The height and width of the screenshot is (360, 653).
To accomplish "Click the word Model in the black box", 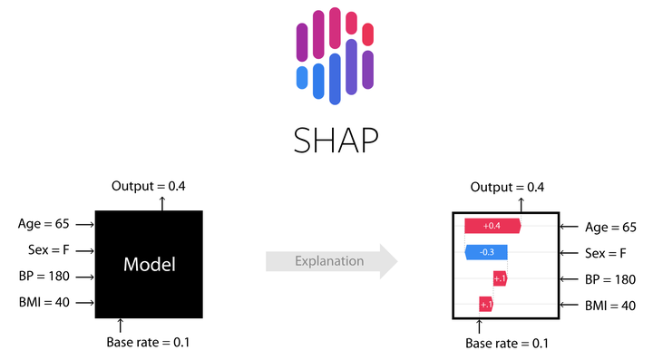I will coord(149,264).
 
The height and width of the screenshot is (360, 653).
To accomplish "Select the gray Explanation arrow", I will coord(331,261).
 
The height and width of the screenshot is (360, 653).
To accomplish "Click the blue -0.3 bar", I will coord(486,252).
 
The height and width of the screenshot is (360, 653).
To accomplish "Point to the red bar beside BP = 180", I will coord(499,277).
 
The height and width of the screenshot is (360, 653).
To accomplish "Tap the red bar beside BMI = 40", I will coord(485,304).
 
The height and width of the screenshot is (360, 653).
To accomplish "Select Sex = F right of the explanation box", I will coord(606,253).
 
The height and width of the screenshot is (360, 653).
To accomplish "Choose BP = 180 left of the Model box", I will coord(44,277).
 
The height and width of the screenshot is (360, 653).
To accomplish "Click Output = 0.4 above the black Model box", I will coord(149,186).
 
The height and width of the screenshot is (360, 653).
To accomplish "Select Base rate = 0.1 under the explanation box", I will coord(507,343).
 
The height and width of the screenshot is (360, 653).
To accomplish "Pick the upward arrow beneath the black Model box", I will coord(120,325).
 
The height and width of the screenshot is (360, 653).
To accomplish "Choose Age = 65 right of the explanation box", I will coord(609,227).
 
